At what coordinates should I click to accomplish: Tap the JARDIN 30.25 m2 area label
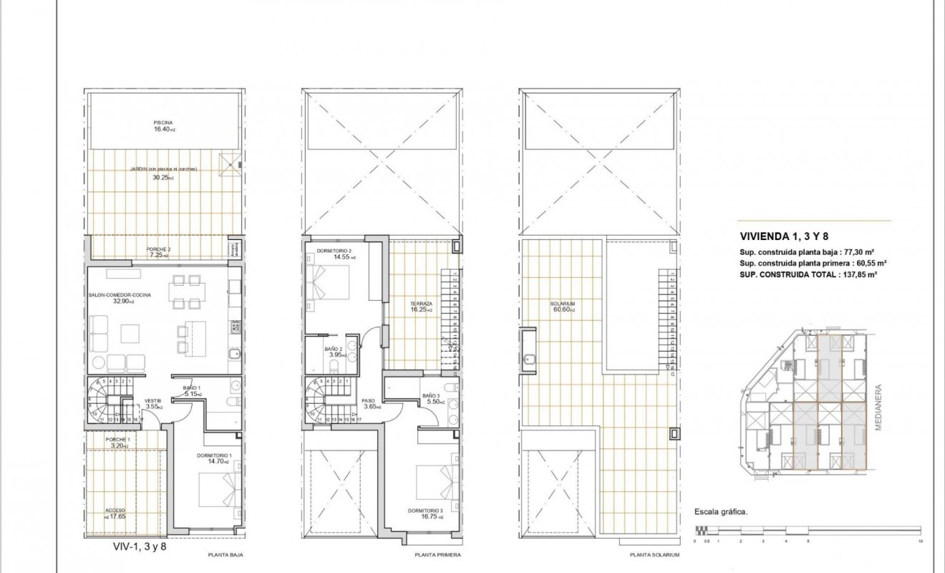(x=163, y=173)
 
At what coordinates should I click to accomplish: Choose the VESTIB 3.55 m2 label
(x=154, y=403)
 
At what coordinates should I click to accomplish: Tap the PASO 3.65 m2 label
(x=369, y=403)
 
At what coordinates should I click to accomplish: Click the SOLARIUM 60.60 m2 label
(x=563, y=307)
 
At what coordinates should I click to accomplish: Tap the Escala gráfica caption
(x=721, y=512)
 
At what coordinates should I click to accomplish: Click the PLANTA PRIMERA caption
(x=437, y=555)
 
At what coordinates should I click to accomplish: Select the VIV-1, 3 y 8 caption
(x=140, y=546)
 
